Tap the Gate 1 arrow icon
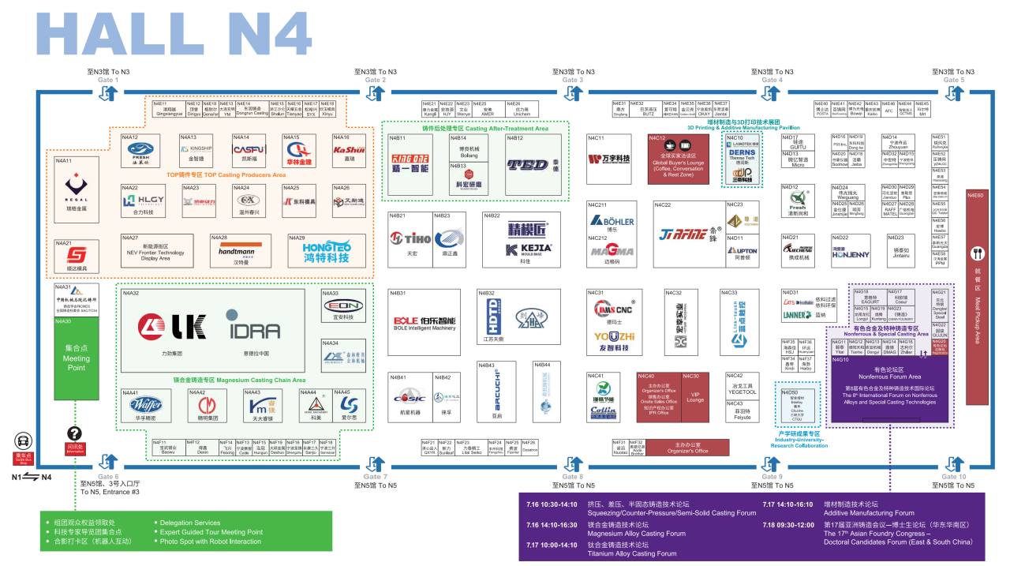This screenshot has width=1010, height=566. pos(108,93)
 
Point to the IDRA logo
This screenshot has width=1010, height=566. pos(253,326)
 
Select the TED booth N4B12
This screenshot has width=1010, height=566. pos(528,165)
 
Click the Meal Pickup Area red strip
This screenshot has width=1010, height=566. pos(978,296)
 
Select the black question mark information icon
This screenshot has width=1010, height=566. pos(75,433)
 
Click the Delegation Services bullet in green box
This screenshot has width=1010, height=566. pos(189,523)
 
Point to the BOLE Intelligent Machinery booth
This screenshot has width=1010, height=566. pos(425,323)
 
